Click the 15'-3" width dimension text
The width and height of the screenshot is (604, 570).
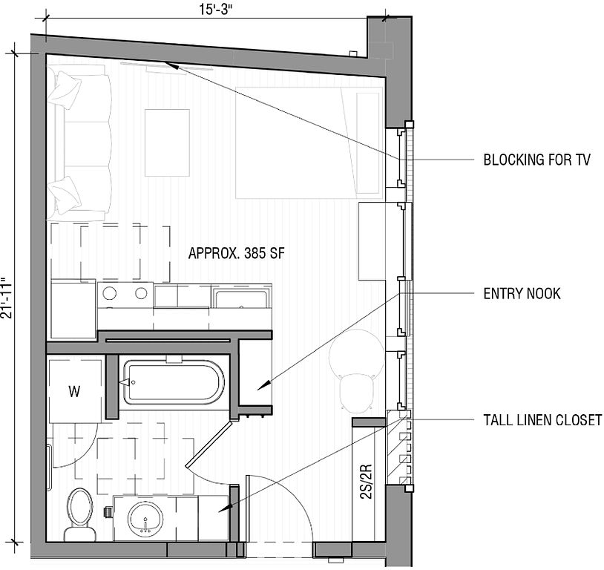(x=217, y=10)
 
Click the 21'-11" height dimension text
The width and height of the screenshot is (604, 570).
(x=7, y=298)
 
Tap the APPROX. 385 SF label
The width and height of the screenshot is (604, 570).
(x=237, y=253)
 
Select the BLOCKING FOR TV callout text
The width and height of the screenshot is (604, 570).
(x=536, y=160)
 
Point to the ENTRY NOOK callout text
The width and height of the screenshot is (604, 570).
(x=522, y=294)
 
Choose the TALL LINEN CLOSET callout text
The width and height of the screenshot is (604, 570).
(x=542, y=419)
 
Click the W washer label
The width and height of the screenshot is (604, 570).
(x=74, y=392)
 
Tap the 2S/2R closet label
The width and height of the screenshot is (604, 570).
(x=367, y=482)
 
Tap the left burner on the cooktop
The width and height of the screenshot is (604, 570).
(x=110, y=293)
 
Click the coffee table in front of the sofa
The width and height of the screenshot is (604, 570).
(x=167, y=142)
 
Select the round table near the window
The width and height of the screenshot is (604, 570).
(x=357, y=353)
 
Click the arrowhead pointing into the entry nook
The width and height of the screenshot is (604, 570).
(x=263, y=386)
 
